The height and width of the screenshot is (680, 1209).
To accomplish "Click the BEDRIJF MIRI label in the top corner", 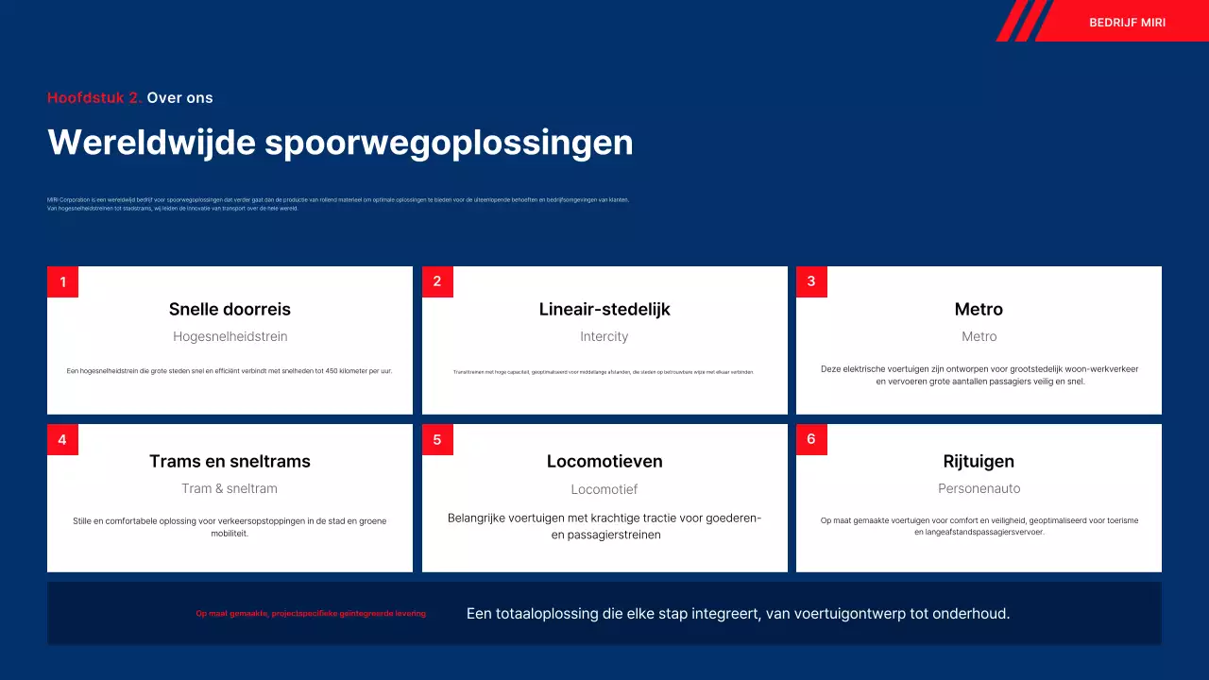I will point(1127,23).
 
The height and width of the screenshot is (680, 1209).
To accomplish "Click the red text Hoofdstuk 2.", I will point(94,98).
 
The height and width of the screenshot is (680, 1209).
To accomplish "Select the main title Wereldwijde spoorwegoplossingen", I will point(340,143).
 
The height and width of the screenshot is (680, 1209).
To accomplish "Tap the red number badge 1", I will point(62,282).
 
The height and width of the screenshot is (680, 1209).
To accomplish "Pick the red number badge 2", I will point(437,282).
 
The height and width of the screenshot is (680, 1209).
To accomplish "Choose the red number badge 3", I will point(811,282).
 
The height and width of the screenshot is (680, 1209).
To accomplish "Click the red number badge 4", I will point(62,440).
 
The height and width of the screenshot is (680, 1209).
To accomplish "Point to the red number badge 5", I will point(437,440).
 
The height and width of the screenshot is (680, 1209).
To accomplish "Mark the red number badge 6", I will point(811,440).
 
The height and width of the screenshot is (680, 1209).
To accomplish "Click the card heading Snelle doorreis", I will point(230,310).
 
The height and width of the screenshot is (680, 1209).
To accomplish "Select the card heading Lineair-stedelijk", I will point(604,310).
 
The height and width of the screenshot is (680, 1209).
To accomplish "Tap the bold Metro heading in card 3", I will point(979,310).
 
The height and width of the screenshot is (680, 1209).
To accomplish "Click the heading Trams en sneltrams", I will point(230,462).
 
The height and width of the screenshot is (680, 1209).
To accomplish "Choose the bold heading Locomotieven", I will point(604,462).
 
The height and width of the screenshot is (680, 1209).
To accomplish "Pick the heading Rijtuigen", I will point(979,462).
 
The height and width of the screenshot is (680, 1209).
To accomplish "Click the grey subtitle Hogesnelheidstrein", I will point(230,337).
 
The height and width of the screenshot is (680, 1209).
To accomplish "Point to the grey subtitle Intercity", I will point(604,337).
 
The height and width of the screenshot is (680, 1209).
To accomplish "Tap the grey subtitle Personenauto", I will point(979,489).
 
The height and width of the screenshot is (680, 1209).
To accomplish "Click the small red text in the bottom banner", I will point(311,614).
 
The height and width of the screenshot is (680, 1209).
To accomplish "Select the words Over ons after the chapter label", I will point(179,98).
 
